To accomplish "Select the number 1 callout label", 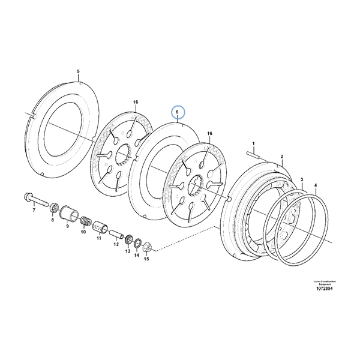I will click(253, 143).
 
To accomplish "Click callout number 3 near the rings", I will click(302, 179).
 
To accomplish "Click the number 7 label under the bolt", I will click(34, 211).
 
